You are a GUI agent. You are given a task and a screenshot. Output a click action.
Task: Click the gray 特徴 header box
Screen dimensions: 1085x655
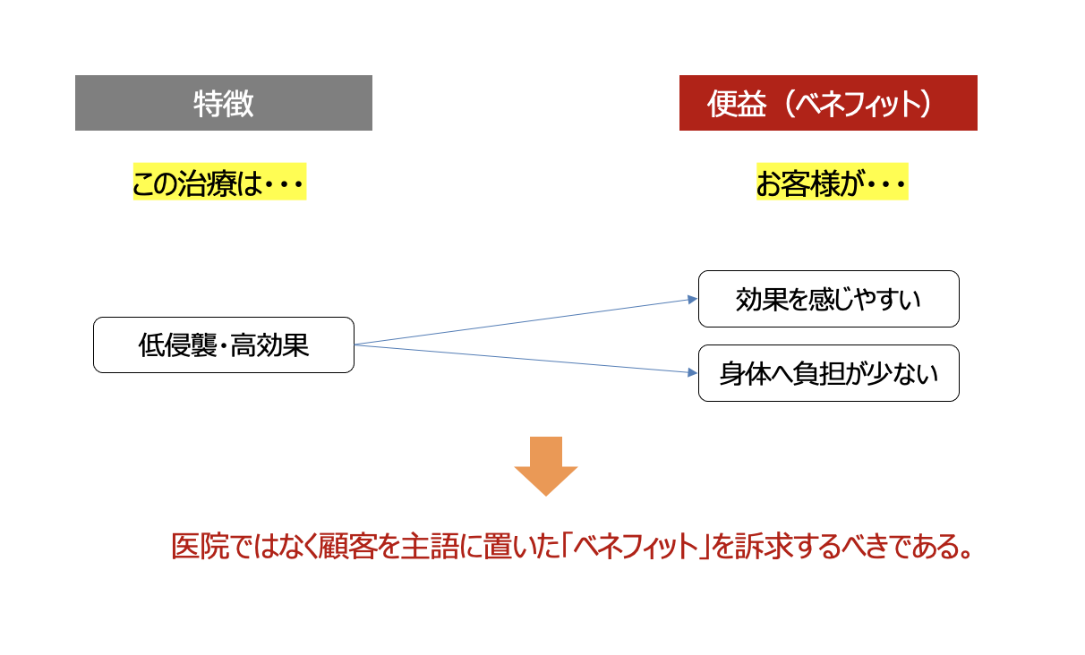point(224,103)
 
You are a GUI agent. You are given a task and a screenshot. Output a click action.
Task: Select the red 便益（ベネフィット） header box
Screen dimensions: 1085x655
point(828,103)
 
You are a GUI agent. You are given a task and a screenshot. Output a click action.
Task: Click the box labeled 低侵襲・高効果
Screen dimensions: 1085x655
point(224,345)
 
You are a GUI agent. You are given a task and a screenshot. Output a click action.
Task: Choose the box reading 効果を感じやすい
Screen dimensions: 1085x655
point(829,299)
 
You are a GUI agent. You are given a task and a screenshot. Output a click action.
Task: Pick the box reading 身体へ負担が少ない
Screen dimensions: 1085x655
point(829,373)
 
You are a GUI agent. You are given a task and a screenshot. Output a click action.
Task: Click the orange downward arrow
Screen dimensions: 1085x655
point(546,465)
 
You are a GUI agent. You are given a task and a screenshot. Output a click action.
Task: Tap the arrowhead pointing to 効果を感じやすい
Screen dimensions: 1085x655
point(693,300)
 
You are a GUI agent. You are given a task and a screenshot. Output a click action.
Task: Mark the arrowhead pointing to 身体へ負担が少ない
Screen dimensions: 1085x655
point(693,372)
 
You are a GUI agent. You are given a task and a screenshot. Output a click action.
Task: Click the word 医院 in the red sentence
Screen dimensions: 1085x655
point(200,547)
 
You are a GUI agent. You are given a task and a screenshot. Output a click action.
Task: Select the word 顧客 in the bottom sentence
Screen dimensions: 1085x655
point(347,547)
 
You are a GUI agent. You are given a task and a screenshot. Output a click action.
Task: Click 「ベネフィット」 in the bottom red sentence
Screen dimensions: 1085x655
point(636,547)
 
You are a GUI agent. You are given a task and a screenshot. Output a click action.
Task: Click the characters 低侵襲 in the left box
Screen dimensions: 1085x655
point(178,345)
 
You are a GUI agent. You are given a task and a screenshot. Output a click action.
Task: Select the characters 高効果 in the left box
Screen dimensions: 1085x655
point(269,345)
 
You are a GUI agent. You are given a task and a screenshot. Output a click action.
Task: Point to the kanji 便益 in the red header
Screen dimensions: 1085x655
point(737,104)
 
